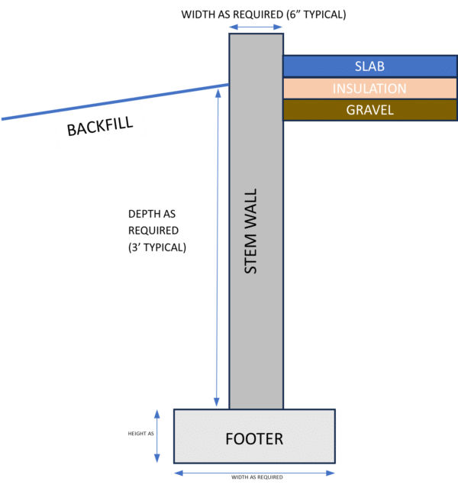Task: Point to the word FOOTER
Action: (x=254, y=439)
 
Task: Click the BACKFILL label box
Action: (x=98, y=127)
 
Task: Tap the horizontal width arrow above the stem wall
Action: (x=256, y=27)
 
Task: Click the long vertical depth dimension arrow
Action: (x=218, y=244)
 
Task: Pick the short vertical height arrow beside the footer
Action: (x=157, y=436)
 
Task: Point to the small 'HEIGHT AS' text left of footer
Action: (x=140, y=434)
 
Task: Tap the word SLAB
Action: (x=369, y=66)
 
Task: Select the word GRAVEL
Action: (x=369, y=110)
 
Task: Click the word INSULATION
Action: (x=369, y=89)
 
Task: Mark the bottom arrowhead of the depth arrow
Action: (x=218, y=403)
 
